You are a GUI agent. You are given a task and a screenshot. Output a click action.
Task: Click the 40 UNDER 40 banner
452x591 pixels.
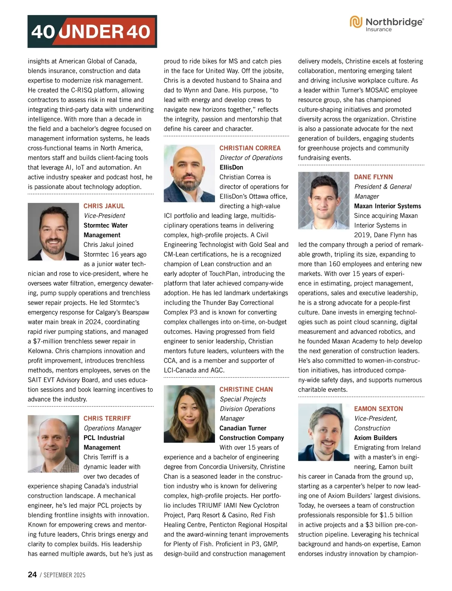point(92,31)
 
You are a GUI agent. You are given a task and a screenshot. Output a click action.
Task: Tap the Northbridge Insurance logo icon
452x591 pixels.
point(356,22)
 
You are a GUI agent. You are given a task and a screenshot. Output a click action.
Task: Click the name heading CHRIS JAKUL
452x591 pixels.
point(104,206)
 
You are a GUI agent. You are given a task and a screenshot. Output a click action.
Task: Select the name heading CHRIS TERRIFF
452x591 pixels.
point(107,418)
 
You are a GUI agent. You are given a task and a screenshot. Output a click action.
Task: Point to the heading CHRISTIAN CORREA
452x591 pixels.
point(250,148)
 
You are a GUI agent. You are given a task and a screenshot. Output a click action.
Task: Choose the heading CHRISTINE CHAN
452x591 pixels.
point(246,389)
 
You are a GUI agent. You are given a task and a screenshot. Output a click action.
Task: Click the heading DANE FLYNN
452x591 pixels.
point(373,177)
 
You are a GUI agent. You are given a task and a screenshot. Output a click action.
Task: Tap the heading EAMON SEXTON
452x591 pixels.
point(379,409)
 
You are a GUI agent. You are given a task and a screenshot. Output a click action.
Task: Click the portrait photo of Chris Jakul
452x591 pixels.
point(53,232)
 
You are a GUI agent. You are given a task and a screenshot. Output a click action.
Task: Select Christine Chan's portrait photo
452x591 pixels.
point(189,414)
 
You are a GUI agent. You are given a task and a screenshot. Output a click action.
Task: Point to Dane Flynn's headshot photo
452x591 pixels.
point(324,200)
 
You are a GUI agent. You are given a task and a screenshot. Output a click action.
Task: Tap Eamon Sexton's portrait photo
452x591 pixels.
point(324,432)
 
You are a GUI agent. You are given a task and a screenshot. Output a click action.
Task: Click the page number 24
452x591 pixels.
point(32,575)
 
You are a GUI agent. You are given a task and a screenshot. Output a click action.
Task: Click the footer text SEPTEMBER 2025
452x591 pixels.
point(64,575)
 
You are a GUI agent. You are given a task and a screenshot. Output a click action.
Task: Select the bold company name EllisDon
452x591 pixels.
point(231,167)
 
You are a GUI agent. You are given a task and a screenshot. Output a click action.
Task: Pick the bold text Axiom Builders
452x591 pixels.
point(376,438)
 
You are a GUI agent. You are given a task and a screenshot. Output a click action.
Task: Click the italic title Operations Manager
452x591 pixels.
point(112,428)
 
